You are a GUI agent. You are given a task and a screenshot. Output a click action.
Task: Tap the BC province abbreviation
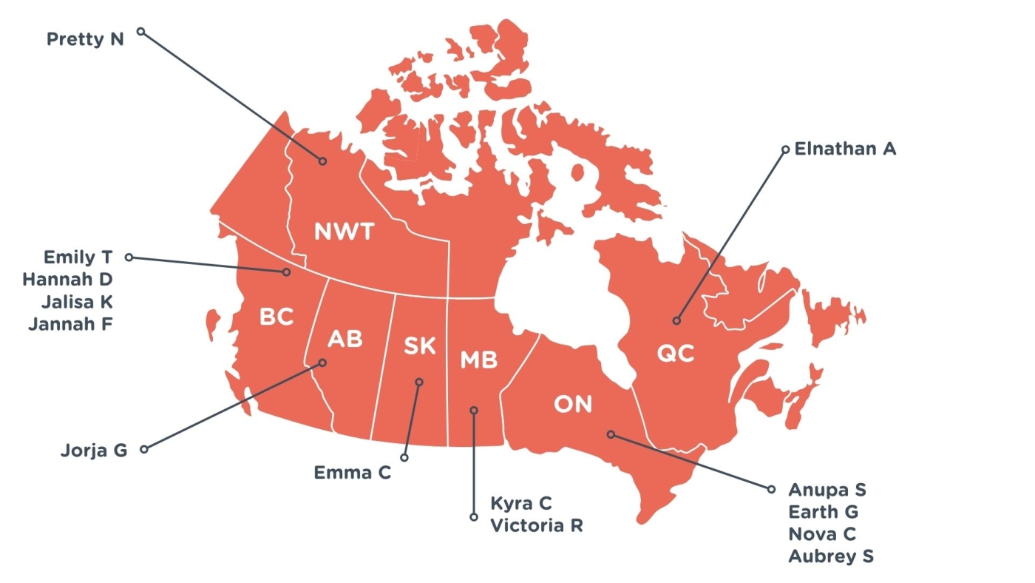pyautogui.click(x=276, y=318)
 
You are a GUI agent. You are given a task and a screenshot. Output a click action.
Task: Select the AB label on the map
pyautogui.click(x=345, y=340)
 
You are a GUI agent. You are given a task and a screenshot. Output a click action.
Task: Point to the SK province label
pyautogui.click(x=420, y=346)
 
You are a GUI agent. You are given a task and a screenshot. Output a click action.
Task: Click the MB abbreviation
pyautogui.click(x=479, y=360)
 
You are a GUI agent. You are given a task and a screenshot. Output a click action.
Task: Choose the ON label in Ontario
pyautogui.click(x=574, y=405)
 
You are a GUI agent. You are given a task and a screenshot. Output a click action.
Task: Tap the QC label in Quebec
pyautogui.click(x=676, y=354)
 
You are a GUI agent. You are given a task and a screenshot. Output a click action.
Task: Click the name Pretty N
pyautogui.click(x=85, y=39)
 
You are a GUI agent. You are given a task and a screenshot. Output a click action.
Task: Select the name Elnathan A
pyautogui.click(x=845, y=149)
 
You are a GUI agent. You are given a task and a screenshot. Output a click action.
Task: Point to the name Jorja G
pyautogui.click(x=94, y=450)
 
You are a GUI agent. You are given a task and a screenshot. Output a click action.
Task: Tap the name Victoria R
pyautogui.click(x=537, y=526)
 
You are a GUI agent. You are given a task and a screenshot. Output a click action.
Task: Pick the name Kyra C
pyautogui.click(x=521, y=504)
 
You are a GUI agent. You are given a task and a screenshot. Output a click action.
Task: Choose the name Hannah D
pyautogui.click(x=67, y=280)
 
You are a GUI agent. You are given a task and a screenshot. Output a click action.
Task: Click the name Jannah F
pyautogui.click(x=70, y=323)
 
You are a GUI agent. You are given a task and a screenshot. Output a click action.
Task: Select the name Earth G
pyautogui.click(x=824, y=512)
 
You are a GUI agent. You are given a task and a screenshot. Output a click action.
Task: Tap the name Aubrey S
pyautogui.click(x=831, y=556)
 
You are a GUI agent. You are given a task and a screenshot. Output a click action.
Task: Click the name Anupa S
pyautogui.click(x=827, y=490)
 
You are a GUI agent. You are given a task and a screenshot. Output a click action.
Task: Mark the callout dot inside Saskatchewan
pyautogui.click(x=419, y=383)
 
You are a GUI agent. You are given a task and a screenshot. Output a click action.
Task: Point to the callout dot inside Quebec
pyautogui.click(x=676, y=321)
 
